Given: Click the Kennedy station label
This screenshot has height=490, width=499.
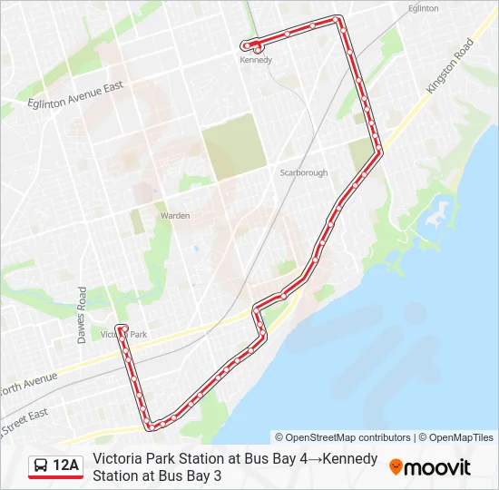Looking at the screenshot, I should coord(255,61).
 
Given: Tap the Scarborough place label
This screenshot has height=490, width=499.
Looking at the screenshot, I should coord(303,172).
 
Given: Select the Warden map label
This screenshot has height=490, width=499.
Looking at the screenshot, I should coord(174,216).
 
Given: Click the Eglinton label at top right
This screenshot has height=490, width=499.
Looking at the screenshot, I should coord(423,8).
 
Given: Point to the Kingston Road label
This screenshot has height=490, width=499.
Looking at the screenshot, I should coord(449,64).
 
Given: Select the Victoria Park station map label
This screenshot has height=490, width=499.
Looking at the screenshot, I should coord(123,335).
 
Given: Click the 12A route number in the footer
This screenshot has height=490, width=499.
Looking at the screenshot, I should coord(66,466).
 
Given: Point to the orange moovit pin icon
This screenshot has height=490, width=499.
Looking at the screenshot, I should coord(396,466).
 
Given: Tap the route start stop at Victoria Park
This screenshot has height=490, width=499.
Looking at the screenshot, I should coord(121,328).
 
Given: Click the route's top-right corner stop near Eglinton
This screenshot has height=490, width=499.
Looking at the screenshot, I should coord(338,19).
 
